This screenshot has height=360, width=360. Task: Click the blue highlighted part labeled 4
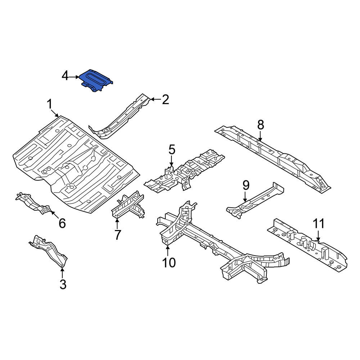[x=96, y=80]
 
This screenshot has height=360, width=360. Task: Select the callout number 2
[x=165, y=99]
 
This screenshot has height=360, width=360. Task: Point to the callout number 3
[x=63, y=284]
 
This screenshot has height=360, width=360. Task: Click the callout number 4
[x=65, y=76]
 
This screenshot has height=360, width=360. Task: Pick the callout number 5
[x=172, y=149]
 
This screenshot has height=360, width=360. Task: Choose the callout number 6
[x=62, y=223]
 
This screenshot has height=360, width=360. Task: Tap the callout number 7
[x=117, y=235]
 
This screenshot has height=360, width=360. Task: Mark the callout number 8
[x=261, y=125]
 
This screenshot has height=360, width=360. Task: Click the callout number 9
[x=246, y=185]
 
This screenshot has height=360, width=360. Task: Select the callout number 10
[x=169, y=262]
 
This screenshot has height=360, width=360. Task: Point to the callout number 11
[x=319, y=224]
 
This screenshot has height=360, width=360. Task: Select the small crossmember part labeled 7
[x=128, y=205]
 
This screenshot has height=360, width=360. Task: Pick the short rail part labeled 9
[x=255, y=200]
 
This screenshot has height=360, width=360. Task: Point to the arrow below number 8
[x=260, y=136]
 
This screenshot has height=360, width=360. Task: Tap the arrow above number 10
[x=168, y=251]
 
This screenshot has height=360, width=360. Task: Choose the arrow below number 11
[x=318, y=236]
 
